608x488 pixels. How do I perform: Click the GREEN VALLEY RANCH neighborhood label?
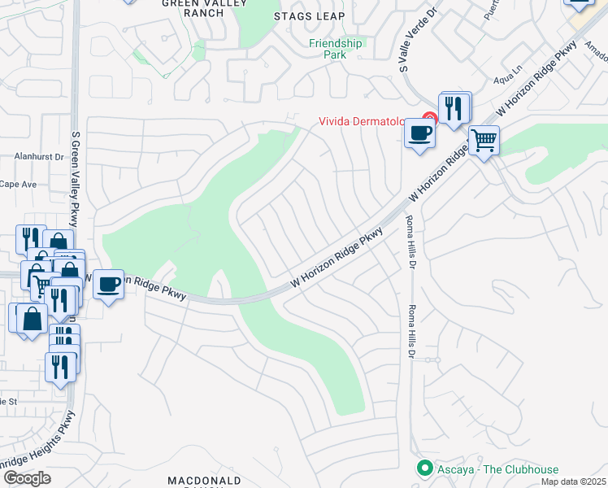click(x=193, y=8)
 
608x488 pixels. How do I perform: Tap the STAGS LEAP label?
click(x=310, y=16)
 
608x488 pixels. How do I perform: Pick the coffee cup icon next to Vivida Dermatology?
click(x=419, y=133)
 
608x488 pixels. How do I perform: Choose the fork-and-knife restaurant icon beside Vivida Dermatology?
click(x=454, y=107)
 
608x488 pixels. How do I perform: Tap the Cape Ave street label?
click(x=18, y=185)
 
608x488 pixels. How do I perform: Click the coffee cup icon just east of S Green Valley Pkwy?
click(x=108, y=285)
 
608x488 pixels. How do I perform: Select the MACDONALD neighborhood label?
click(x=205, y=481)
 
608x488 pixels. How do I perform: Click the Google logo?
click(x=27, y=478)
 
